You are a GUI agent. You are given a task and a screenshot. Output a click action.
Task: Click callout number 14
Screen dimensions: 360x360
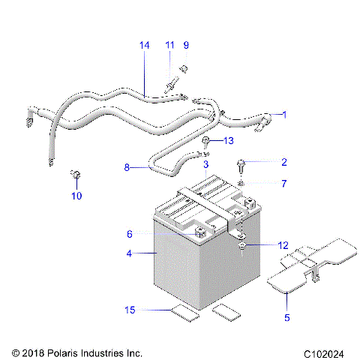tap(144, 45)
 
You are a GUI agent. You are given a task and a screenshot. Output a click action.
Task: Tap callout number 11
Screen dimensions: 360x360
tap(169, 45)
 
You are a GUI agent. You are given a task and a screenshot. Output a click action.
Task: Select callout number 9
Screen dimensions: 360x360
tap(187, 45)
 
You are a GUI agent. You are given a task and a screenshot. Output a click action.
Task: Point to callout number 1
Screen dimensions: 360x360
tap(283, 114)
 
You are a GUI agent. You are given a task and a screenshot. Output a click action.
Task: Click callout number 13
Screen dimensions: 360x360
tap(229, 140)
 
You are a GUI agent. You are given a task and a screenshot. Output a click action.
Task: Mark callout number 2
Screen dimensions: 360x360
tap(283, 162)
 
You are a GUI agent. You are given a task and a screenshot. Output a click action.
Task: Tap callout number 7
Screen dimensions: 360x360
tap(283, 183)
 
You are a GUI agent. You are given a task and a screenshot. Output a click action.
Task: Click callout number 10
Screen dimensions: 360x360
tap(76, 196)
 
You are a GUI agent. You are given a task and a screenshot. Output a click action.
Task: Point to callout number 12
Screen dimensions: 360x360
tap(283, 245)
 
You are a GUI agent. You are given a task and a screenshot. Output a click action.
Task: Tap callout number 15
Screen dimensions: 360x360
tap(129, 309)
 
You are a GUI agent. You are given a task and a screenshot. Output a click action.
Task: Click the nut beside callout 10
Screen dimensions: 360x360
tap(76, 175)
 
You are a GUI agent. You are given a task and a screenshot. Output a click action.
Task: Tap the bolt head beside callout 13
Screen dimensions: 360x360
tap(205, 141)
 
